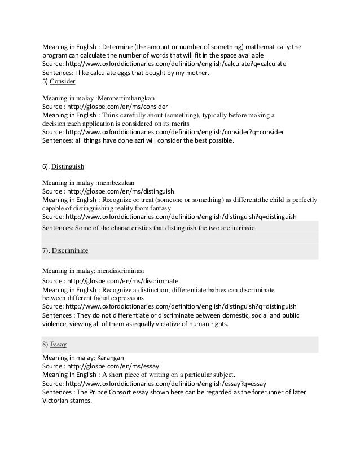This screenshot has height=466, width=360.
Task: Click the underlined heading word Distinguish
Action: (x=68, y=167)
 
